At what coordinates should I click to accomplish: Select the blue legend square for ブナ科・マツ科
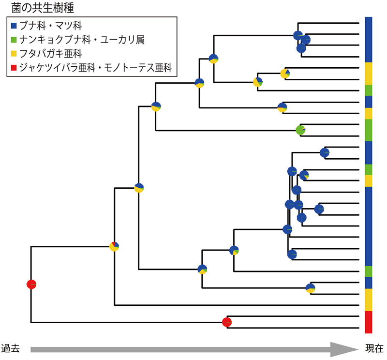point(14,25)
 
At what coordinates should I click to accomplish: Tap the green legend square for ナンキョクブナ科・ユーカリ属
point(14,39)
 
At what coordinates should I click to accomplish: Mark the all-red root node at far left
point(31,284)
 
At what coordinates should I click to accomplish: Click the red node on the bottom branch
point(227,322)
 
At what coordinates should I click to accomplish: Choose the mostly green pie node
point(301,130)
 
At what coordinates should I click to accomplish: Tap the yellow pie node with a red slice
point(114,246)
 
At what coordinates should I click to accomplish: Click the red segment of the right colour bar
point(369,322)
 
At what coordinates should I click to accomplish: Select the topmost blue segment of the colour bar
point(369,40)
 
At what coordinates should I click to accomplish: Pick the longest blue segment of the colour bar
point(369,226)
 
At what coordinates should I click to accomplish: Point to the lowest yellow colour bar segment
point(369,300)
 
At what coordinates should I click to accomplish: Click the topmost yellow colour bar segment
point(369,74)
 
